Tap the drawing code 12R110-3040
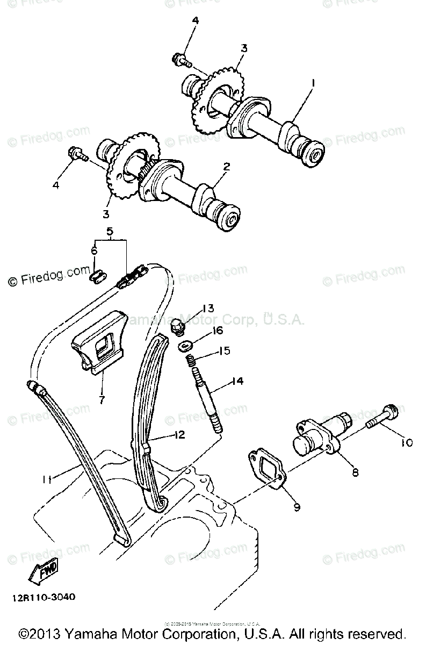(41, 597)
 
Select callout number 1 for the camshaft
(312, 84)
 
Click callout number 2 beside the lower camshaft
(226, 167)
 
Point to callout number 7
(102, 399)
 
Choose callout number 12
(179, 435)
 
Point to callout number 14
(237, 381)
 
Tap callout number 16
(217, 331)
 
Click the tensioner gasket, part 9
(267, 471)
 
